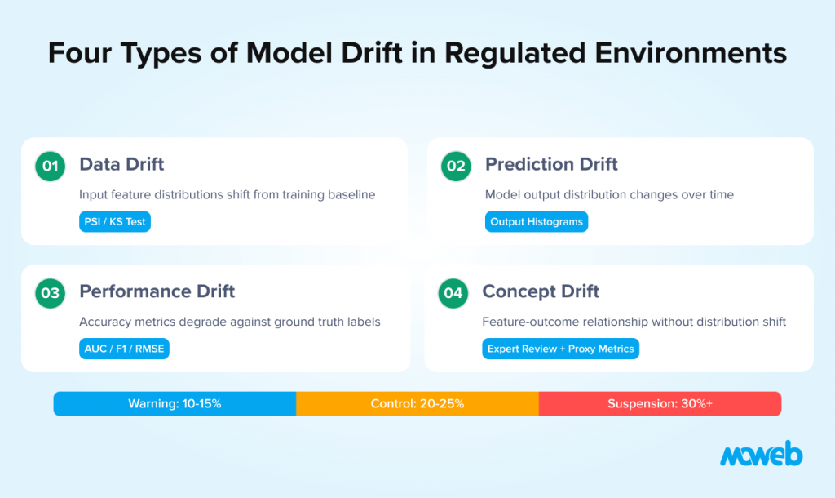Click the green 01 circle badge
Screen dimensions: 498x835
(x=51, y=167)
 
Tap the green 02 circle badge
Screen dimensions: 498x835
(x=456, y=167)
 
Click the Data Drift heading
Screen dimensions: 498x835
(x=121, y=164)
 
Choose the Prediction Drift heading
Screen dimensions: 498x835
(x=551, y=164)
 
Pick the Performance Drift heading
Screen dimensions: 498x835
(x=157, y=291)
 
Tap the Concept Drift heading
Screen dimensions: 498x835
(x=541, y=291)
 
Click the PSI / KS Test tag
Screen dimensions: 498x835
(x=115, y=221)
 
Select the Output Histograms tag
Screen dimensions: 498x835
(x=536, y=221)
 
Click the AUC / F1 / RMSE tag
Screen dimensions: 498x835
(x=124, y=349)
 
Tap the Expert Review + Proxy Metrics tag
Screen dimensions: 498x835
(x=560, y=349)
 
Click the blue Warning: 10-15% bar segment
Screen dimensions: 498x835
(x=175, y=404)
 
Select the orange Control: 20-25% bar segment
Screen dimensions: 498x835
(x=417, y=404)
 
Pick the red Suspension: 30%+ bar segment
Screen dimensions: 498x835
(x=660, y=404)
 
